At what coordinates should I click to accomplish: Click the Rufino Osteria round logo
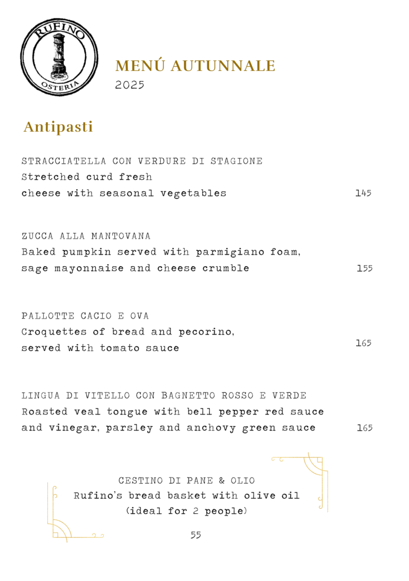pyautogui.click(x=60, y=57)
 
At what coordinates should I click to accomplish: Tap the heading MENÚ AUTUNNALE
pyautogui.click(x=195, y=66)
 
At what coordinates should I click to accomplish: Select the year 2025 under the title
pyautogui.click(x=130, y=85)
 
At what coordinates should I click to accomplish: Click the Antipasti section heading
pyautogui.click(x=58, y=127)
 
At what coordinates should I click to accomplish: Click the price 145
pyautogui.click(x=363, y=193)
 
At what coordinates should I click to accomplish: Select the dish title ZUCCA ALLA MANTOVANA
pyautogui.click(x=86, y=236)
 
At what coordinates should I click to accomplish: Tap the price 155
pyautogui.click(x=364, y=268)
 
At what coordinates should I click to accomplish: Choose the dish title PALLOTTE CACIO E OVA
pyautogui.click(x=85, y=316)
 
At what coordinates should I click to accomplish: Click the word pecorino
pyautogui.click(x=207, y=332)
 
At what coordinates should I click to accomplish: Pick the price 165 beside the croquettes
pyautogui.click(x=363, y=343)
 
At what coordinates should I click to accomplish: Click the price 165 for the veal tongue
pyautogui.click(x=364, y=428)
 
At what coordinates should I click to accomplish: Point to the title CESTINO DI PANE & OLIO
pyautogui.click(x=186, y=481)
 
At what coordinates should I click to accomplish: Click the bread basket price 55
pyautogui.click(x=196, y=535)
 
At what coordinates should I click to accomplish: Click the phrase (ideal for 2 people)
pyautogui.click(x=186, y=511)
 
